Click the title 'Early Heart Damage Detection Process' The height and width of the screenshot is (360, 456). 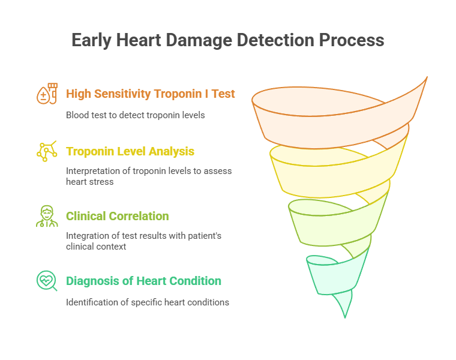pos(228,40)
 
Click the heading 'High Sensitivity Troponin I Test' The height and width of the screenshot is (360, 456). pos(150,94)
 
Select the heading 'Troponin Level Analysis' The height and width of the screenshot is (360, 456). pos(130,151)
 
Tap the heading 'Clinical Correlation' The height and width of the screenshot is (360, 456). pos(117,216)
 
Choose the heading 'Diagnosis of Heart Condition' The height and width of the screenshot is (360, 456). pos(143,281)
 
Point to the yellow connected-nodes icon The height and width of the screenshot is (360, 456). pos(47,151)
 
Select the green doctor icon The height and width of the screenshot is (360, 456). pos(47,216)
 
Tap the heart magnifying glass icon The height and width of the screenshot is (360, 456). pos(47,281)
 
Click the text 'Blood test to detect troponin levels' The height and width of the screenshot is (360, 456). pos(135,115)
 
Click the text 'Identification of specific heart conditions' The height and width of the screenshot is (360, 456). pos(147,302)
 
